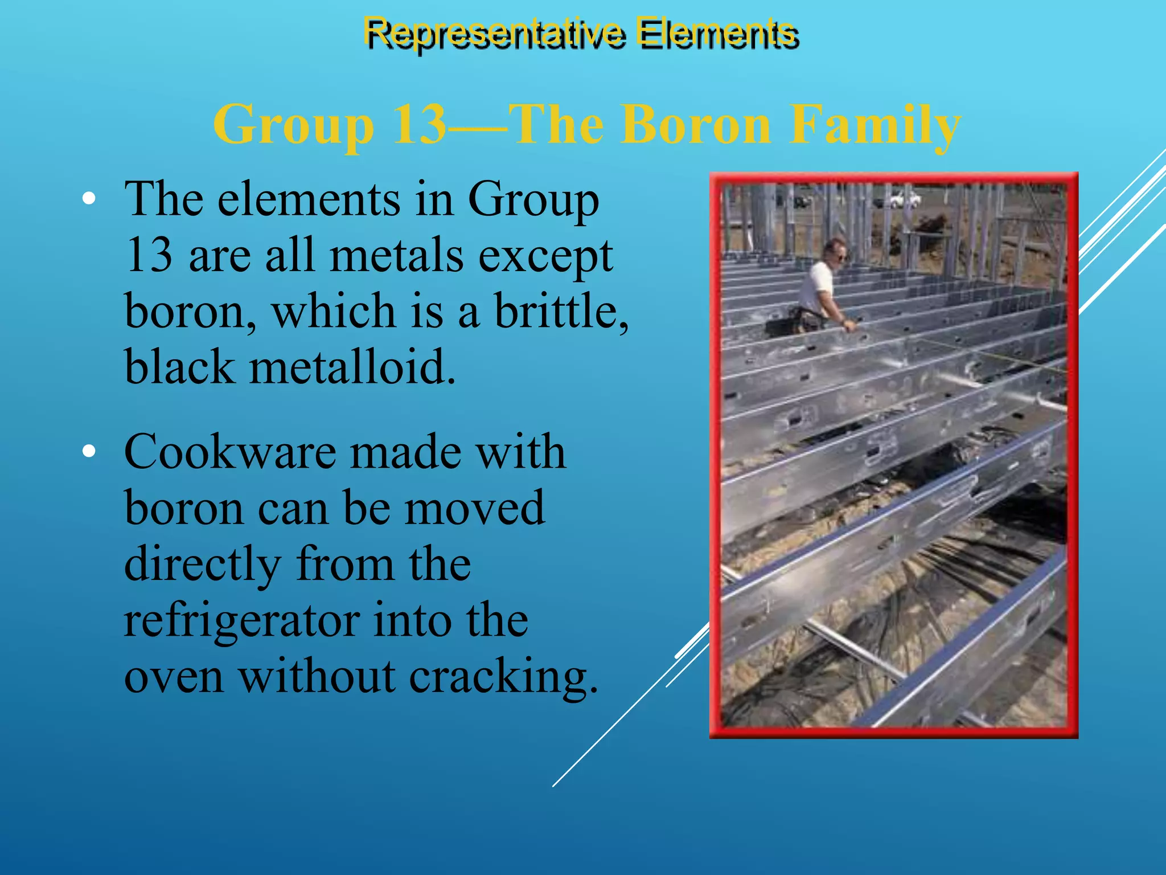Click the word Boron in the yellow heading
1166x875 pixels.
[x=696, y=125]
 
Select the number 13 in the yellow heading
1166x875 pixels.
[x=419, y=125]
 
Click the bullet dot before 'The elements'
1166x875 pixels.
[x=89, y=199]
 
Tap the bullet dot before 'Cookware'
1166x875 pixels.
[x=89, y=452]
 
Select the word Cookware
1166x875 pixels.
[x=229, y=452]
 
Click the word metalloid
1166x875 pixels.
[x=353, y=367]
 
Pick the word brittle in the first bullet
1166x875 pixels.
[x=561, y=311]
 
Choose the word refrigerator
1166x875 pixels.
[x=242, y=620]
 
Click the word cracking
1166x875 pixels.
[x=503, y=677]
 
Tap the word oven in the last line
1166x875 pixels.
[x=174, y=677]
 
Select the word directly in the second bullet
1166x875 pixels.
[x=203, y=564]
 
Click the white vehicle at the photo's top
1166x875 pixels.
[x=902, y=199]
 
